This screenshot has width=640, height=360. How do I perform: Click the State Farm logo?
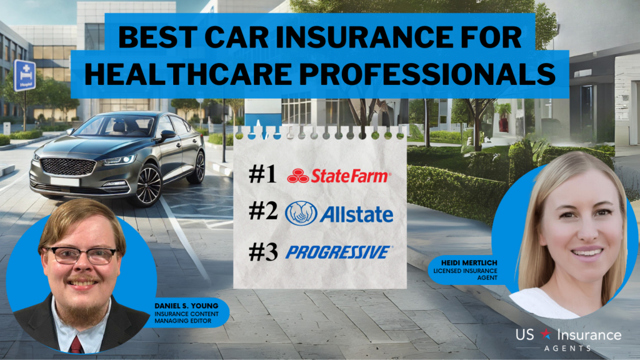click(339, 177)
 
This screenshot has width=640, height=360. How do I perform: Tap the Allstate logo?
click(339, 214)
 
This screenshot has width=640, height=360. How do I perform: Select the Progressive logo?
click(338, 252)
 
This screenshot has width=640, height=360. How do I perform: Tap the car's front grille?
click(60, 166)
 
